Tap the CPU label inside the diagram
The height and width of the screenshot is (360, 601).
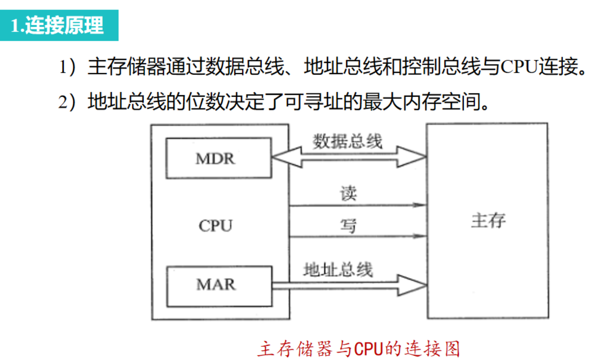[215, 226]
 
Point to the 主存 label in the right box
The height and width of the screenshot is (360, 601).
[488, 221]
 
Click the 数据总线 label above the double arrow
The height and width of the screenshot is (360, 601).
[348, 141]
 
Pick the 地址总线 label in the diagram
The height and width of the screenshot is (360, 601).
[338, 270]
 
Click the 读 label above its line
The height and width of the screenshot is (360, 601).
[348, 193]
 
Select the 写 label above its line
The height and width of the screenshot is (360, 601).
[348, 225]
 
